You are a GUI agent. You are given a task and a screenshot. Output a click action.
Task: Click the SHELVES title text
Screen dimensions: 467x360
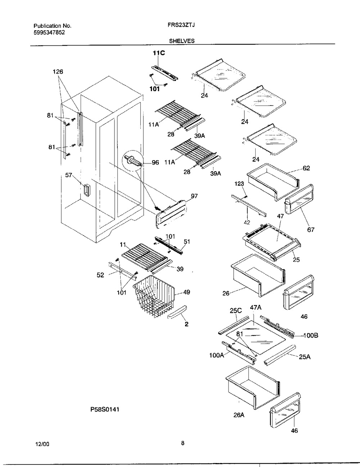[182, 41]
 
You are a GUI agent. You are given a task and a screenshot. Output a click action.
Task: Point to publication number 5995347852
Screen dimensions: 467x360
[49, 32]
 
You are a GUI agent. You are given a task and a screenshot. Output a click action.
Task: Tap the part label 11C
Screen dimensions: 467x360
[159, 53]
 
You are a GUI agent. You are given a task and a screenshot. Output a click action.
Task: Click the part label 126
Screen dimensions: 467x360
[58, 72]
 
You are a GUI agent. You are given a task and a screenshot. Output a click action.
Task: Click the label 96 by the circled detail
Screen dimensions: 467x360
[155, 162]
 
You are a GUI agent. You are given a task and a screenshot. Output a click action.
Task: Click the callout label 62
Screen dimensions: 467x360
[306, 168]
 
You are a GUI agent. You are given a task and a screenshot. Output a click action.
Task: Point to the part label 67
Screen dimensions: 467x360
[310, 229]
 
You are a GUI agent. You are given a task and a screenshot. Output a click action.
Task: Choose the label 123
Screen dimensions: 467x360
[239, 184]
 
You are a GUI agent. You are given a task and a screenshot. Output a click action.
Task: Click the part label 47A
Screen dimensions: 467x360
[256, 308]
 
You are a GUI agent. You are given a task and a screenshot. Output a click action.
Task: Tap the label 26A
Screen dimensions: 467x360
[239, 415]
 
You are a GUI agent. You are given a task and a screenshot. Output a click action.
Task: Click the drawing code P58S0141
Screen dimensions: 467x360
[105, 409]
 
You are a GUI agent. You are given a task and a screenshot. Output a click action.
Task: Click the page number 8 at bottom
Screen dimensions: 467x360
[183, 444]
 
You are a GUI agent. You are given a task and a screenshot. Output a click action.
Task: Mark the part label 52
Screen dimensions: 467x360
[100, 275]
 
